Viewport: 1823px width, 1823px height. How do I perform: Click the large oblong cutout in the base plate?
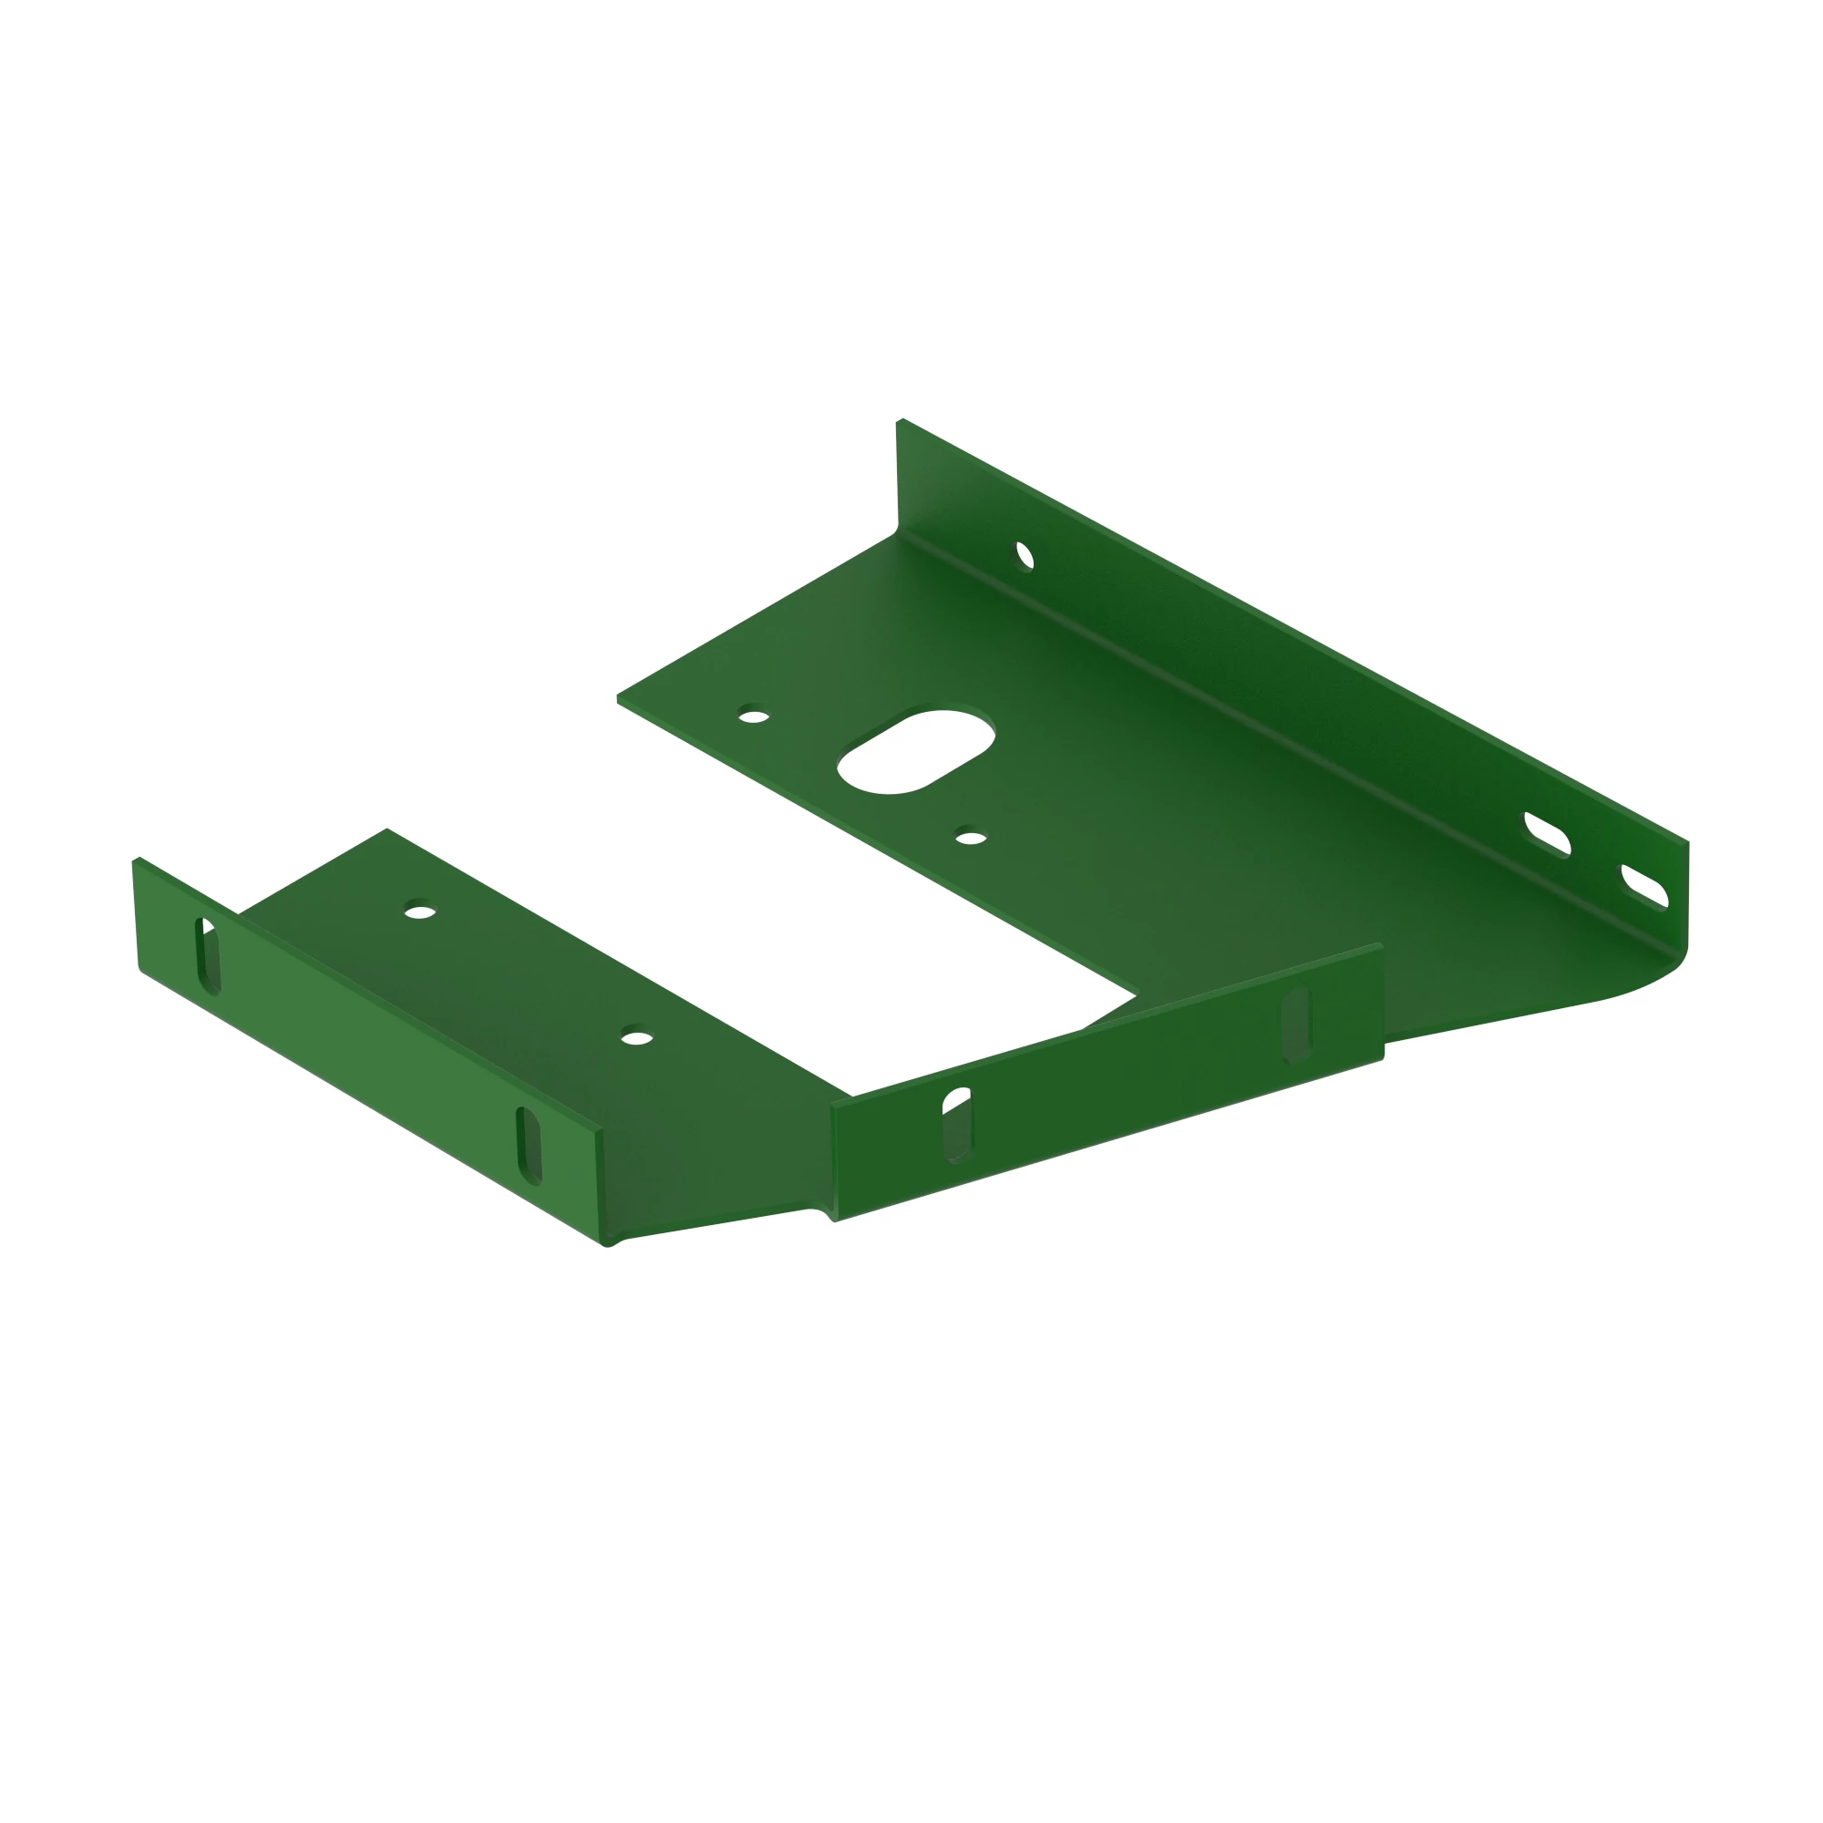915,751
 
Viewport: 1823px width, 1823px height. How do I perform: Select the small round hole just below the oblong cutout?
970,838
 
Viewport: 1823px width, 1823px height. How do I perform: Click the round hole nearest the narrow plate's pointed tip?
420,912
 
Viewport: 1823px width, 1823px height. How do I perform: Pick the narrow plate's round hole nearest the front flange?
637,1039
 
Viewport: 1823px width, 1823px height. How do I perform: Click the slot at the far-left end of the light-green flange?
209,955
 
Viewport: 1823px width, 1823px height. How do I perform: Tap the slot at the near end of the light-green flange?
530,1146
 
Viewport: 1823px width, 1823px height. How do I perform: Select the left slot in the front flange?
957,1126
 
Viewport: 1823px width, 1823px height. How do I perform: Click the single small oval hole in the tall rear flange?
1025,556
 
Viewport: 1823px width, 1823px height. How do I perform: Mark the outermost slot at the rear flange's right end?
1644,887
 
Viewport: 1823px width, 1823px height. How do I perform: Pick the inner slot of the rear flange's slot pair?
1548,834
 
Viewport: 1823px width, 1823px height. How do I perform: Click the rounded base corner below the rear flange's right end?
1674,966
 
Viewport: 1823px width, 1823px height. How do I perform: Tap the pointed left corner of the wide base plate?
618,699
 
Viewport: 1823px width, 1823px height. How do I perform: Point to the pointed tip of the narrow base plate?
386,829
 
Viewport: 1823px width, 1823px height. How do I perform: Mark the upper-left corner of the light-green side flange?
136,860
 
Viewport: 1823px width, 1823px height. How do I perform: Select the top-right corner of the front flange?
1380,944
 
